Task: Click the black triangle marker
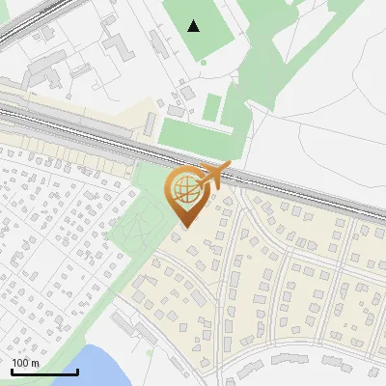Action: click(x=194, y=25)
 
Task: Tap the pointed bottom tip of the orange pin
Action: click(x=183, y=226)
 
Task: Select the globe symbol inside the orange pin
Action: click(x=184, y=188)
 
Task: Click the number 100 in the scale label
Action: click(x=20, y=363)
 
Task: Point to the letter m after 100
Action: click(x=35, y=363)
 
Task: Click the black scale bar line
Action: click(x=44, y=371)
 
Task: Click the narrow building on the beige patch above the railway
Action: click(x=150, y=124)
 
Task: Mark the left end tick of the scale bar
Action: click(x=12, y=371)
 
